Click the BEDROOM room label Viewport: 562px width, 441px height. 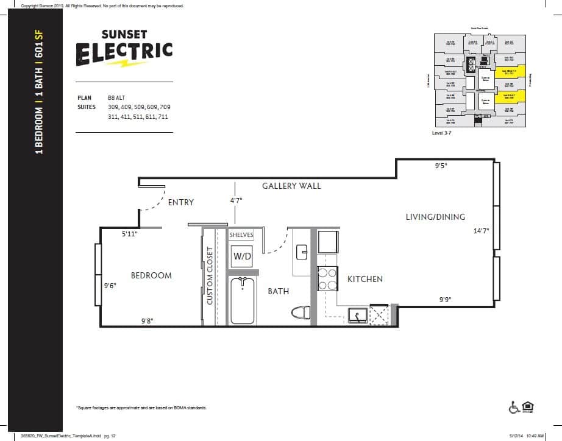tap(151, 275)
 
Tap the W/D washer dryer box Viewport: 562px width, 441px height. tap(242, 257)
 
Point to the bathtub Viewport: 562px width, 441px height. tap(242, 301)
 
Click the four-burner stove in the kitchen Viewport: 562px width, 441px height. tap(327, 278)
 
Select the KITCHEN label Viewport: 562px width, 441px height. tap(365, 279)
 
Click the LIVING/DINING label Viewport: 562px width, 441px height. tap(435, 217)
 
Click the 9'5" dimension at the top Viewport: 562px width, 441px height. tap(441, 166)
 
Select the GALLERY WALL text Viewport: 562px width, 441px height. tap(291, 186)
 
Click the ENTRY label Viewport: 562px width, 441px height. tap(180, 202)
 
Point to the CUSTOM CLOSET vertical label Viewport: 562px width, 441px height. tap(210, 276)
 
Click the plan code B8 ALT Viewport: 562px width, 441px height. tap(117, 97)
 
